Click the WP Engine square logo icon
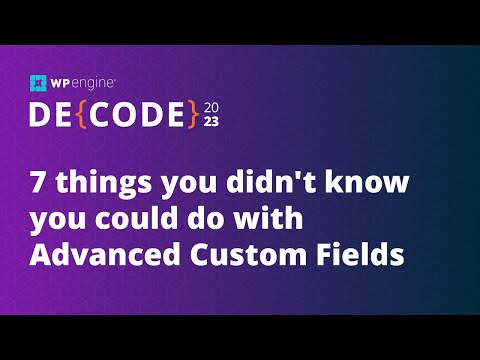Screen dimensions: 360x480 [39, 84]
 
